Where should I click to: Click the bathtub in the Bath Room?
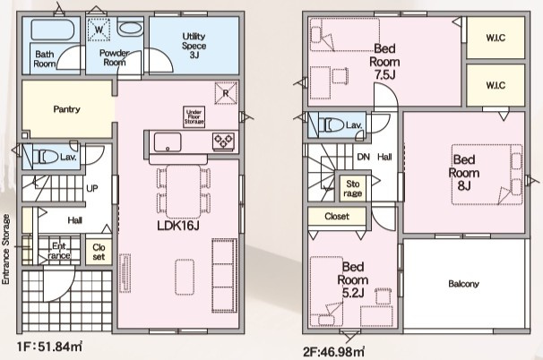point(53,29)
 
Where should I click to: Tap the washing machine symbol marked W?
point(99,30)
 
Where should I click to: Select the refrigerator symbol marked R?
point(226,93)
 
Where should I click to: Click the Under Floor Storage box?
point(194,116)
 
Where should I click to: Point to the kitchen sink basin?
point(168,141)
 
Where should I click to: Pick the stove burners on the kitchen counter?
point(223,141)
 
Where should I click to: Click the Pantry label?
point(67,109)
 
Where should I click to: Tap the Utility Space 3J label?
point(194,46)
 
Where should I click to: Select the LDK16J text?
point(178,226)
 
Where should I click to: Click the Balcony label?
point(463,284)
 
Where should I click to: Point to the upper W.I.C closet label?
point(496,38)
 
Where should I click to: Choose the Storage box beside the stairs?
point(352,189)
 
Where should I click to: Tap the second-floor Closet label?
point(337,217)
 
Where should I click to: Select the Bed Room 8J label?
point(463,173)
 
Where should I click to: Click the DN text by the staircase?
point(363,157)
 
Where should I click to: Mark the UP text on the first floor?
point(92,188)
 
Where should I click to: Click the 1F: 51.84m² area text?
point(49,347)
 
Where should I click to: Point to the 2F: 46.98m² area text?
point(333,352)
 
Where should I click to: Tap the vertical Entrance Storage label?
point(5,249)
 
